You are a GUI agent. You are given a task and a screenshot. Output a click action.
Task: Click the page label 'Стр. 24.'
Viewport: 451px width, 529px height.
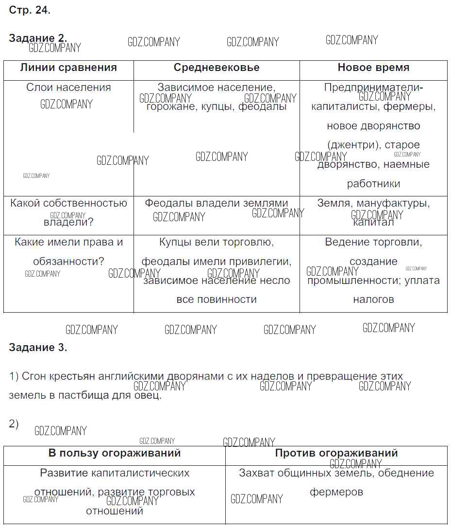[x=30, y=10]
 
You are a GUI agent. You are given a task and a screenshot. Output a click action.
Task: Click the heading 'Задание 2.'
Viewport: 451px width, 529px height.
[x=38, y=38]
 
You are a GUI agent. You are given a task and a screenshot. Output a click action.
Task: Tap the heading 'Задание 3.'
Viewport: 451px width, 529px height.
[x=38, y=348]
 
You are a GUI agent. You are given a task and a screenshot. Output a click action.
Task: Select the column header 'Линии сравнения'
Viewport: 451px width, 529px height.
[x=68, y=68]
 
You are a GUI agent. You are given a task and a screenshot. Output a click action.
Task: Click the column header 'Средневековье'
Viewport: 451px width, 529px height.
[x=217, y=68]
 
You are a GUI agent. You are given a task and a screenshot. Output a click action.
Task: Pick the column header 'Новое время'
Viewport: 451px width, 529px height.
[x=373, y=68]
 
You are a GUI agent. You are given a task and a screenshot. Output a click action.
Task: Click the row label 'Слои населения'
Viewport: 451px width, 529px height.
[x=68, y=88]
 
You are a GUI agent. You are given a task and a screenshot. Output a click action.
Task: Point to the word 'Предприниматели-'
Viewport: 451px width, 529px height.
[x=373, y=88]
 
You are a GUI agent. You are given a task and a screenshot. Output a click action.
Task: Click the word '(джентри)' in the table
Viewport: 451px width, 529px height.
[x=352, y=145]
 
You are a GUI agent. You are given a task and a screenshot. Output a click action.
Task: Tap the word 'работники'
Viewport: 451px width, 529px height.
[x=373, y=184]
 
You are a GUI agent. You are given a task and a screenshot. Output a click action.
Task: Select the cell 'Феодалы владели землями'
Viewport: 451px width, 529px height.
[x=217, y=203]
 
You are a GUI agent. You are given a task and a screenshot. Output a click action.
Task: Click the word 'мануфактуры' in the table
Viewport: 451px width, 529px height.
[x=399, y=203]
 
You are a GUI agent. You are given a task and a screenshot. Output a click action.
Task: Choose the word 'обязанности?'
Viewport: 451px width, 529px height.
[x=68, y=262]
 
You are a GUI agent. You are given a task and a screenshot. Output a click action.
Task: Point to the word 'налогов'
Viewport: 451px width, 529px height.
[x=373, y=300]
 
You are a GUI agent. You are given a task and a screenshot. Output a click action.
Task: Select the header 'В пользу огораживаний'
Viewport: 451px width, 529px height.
[x=115, y=453]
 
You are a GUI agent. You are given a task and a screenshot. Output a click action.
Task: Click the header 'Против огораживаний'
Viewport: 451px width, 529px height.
[x=336, y=453]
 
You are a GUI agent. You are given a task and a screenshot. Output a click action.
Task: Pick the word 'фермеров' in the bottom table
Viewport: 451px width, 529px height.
[x=336, y=492]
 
